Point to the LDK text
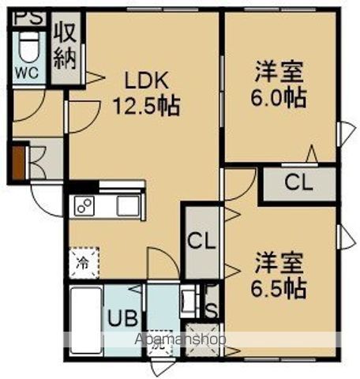tap(141, 81)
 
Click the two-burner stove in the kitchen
tap(84, 206)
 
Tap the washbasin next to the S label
tap(189, 302)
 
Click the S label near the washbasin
tap(211, 306)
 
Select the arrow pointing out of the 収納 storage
tap(92, 77)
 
